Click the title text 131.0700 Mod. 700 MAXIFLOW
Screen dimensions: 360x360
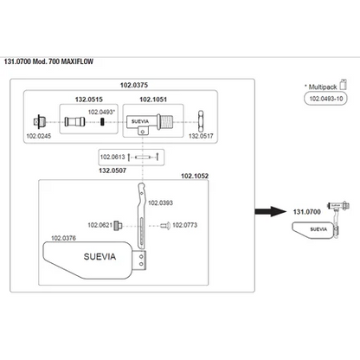pyautogui.click(x=48, y=61)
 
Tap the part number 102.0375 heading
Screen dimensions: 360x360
pyautogui.click(x=134, y=85)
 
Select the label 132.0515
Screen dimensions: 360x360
pyautogui.click(x=89, y=100)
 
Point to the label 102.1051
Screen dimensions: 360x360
pyautogui.click(x=153, y=100)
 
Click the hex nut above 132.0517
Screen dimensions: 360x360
pyautogui.click(x=201, y=121)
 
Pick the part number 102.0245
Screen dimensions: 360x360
pyautogui.click(x=39, y=136)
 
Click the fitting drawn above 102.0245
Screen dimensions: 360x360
pyautogui.click(x=40, y=122)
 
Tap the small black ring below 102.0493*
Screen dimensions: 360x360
pyautogui.click(x=102, y=122)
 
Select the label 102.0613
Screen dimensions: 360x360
pyautogui.click(x=112, y=157)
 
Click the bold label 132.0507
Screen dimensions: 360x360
pyautogui.click(x=112, y=170)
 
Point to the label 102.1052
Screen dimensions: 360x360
pyautogui.click(x=195, y=176)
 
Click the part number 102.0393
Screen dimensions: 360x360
pyautogui.click(x=160, y=202)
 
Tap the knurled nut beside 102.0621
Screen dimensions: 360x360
pyautogui.click(x=118, y=225)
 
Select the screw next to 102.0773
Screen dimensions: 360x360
pyautogui.click(x=165, y=225)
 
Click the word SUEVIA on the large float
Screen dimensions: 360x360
pyautogui.click(x=100, y=256)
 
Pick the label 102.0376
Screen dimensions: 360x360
pyautogui.click(x=63, y=238)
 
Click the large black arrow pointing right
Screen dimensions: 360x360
pyautogui.click(x=270, y=211)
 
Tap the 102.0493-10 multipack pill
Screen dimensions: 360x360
pyautogui.click(x=325, y=99)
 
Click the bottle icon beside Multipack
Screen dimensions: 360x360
pyautogui.click(x=343, y=85)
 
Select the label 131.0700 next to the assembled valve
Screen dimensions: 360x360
pyautogui.click(x=307, y=212)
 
